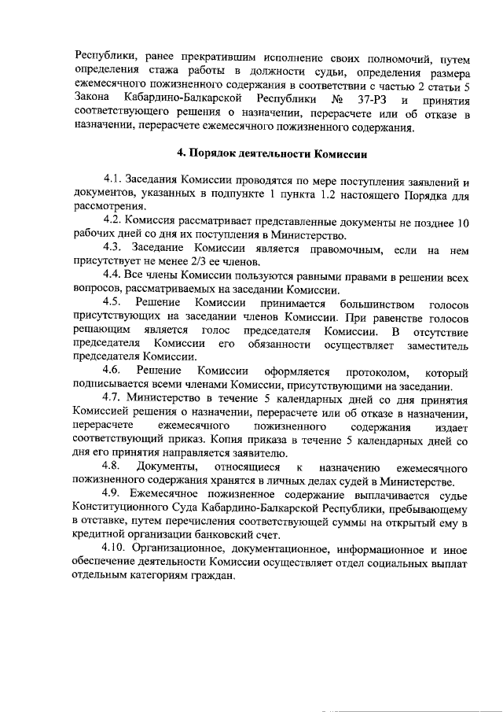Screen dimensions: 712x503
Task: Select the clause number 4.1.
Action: click(x=114, y=180)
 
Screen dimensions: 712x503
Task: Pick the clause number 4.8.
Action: click(x=114, y=467)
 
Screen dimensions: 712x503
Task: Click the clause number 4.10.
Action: click(x=117, y=549)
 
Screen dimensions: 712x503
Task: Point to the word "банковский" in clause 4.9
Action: click(x=246, y=536)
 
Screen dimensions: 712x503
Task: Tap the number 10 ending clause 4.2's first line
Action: click(x=463, y=222)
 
